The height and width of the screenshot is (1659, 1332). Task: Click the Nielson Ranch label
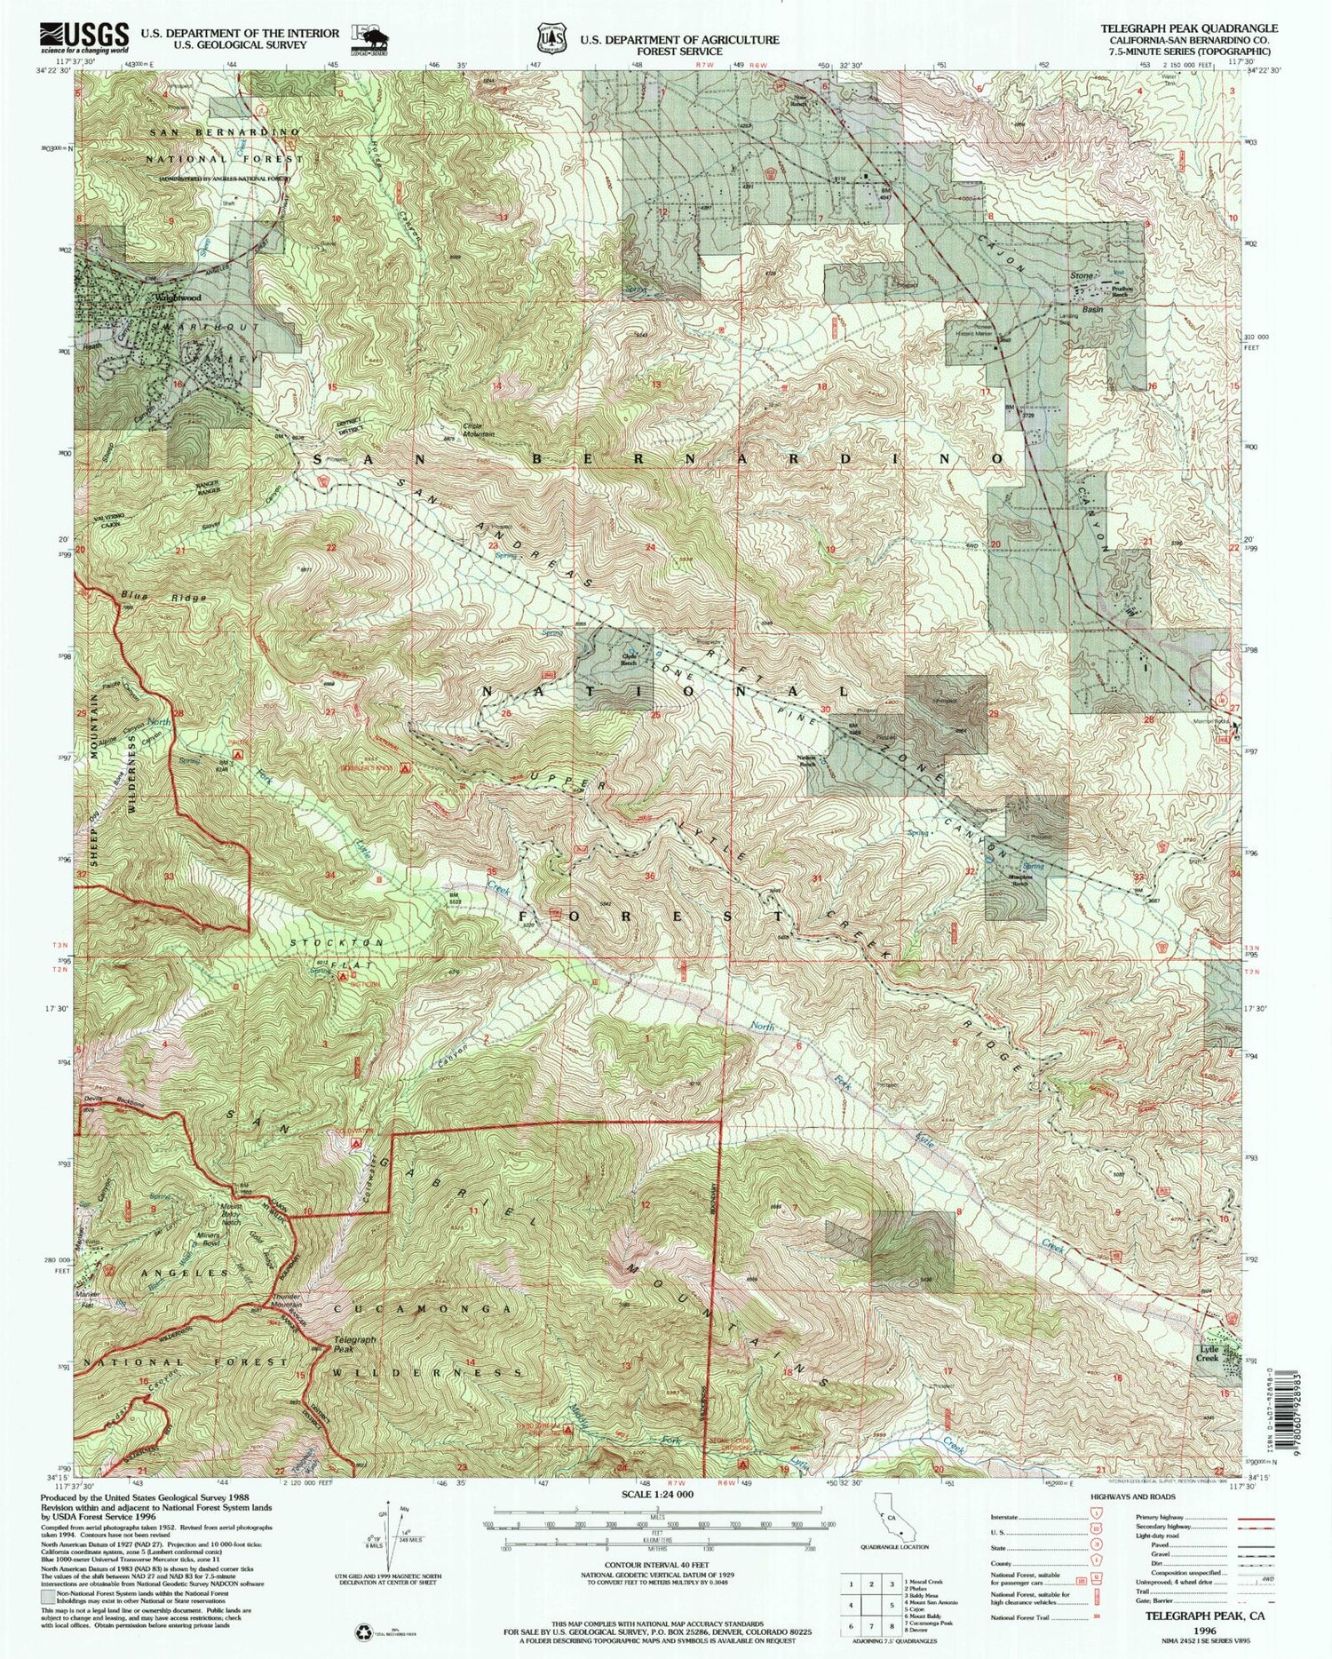807,761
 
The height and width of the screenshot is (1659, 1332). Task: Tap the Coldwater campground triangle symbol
356,1145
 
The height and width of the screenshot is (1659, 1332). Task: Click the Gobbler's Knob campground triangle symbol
405,767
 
